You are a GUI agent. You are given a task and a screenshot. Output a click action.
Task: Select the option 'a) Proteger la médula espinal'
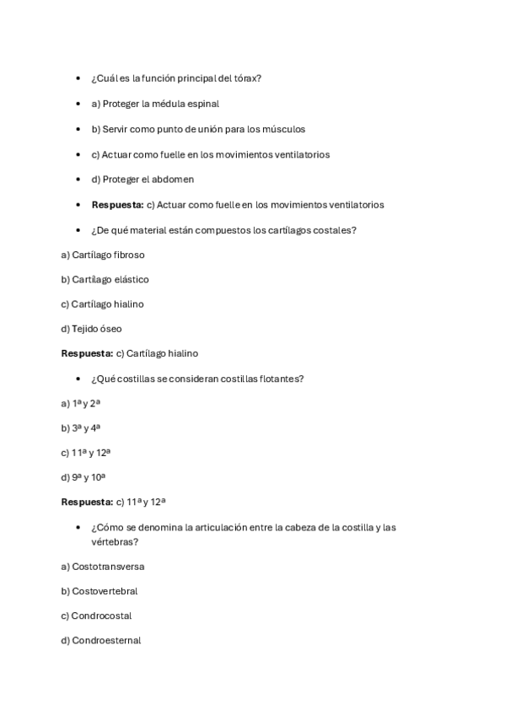click(x=154, y=104)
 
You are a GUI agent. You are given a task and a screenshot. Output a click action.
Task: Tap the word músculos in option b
click(x=284, y=129)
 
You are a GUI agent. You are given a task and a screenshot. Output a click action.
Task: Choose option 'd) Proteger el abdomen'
click(x=142, y=179)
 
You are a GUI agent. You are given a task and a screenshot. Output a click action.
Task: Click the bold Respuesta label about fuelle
click(x=117, y=204)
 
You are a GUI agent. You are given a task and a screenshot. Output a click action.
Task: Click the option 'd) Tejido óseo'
click(x=91, y=329)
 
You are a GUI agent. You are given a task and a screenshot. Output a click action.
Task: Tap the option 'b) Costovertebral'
click(x=99, y=591)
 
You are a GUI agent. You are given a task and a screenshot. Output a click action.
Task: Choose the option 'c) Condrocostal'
click(x=96, y=616)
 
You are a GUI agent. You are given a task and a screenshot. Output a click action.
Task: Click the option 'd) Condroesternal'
click(x=100, y=641)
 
